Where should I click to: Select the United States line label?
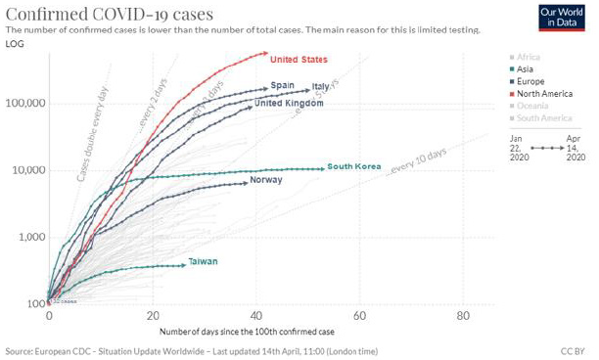299,60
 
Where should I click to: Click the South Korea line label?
353,167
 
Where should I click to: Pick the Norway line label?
265,180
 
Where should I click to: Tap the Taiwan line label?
203,261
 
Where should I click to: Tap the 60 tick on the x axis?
360,318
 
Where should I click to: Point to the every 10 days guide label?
417,162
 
